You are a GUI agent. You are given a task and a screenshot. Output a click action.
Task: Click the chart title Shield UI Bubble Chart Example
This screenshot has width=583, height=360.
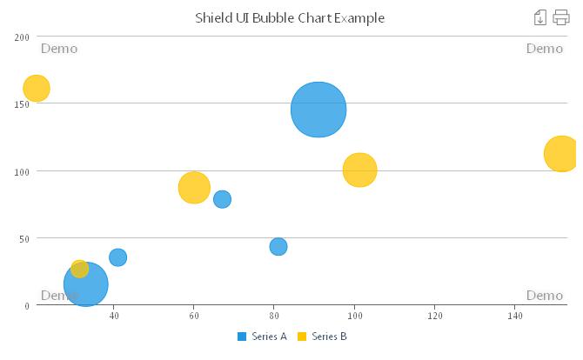[x=289, y=17]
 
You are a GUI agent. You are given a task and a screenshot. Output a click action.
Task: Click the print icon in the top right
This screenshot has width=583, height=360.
[x=561, y=17]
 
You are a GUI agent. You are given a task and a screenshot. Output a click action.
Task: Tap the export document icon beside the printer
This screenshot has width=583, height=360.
[x=539, y=17]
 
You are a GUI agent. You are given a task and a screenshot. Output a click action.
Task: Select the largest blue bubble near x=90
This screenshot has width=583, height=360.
[x=318, y=110]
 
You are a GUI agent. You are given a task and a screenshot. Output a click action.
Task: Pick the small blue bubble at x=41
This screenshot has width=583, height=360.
[x=117, y=257]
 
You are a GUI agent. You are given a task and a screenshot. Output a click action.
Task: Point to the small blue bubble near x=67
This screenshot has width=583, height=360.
[x=222, y=199]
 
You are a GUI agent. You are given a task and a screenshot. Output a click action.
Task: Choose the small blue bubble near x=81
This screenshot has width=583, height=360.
[x=278, y=247]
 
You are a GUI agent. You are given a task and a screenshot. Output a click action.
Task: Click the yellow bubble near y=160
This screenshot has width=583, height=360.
[x=36, y=88]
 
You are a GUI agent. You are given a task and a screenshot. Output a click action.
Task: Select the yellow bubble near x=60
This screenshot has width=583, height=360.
[x=194, y=188]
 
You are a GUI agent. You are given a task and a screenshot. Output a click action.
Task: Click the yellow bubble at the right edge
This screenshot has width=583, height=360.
[x=561, y=154]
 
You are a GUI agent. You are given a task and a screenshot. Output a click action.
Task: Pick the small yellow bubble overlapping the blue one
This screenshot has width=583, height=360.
[x=79, y=269]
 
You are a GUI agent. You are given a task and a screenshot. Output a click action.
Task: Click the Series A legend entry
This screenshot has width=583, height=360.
[x=262, y=337]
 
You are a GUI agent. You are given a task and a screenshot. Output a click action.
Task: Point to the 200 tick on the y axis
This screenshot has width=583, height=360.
[x=21, y=37]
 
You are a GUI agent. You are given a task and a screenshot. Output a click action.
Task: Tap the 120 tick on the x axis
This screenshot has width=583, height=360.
[x=434, y=315]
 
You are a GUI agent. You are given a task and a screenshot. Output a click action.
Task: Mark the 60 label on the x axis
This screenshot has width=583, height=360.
[x=194, y=315]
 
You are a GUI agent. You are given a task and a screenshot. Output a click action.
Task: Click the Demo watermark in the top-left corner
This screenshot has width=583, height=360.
[x=59, y=49]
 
